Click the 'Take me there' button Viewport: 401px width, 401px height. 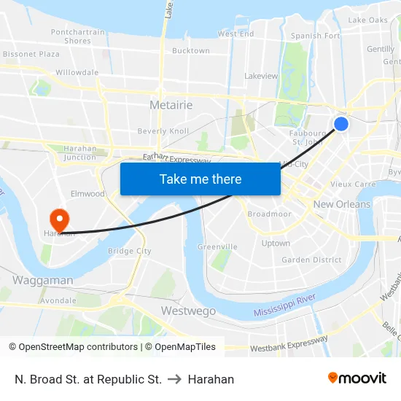click(x=200, y=179)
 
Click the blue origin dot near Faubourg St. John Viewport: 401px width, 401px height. click(x=340, y=124)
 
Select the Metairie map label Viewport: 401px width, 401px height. click(x=171, y=105)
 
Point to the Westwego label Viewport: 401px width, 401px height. click(x=188, y=311)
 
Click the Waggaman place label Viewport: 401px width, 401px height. click(x=42, y=280)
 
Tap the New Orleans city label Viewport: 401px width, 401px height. click(x=341, y=204)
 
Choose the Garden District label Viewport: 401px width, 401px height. click(x=311, y=260)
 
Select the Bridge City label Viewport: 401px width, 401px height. click(x=129, y=251)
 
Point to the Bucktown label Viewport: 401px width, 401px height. click(x=190, y=51)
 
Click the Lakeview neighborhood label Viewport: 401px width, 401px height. click(x=261, y=76)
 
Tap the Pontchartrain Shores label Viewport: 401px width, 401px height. click(x=77, y=36)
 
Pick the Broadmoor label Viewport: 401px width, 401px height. click(x=269, y=214)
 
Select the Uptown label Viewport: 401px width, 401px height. click(x=276, y=244)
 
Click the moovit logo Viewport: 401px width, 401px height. click(x=357, y=378)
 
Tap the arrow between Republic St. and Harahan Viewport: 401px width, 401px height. click(x=175, y=379)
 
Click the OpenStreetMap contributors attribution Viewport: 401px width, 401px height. click(x=73, y=347)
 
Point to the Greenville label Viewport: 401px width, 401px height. click(x=217, y=246)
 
